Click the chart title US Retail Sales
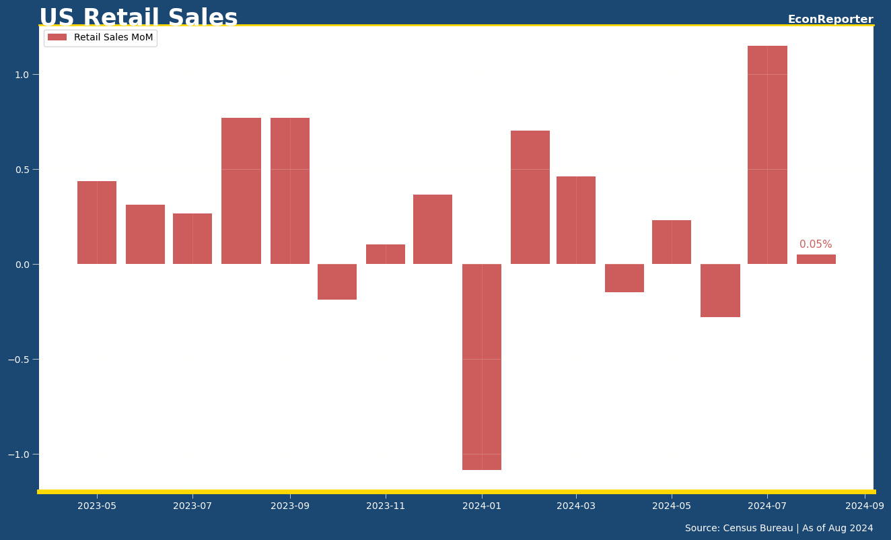(138, 18)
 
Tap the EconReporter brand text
(830, 20)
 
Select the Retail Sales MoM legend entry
(101, 38)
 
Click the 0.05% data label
(816, 244)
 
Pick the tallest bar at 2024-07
(767, 155)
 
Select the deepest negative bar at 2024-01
(482, 367)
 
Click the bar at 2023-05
(97, 222)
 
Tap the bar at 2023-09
(290, 191)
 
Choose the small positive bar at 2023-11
(386, 254)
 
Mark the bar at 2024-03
(576, 220)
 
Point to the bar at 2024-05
(672, 242)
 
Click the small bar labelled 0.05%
(816, 259)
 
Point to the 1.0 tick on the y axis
(22, 75)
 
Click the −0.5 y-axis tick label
(20, 360)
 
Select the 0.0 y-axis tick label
(22, 265)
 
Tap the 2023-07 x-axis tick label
(192, 506)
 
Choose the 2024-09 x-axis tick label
(865, 506)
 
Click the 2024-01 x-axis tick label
(482, 506)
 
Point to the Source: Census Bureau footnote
(779, 529)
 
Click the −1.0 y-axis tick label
(20, 454)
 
